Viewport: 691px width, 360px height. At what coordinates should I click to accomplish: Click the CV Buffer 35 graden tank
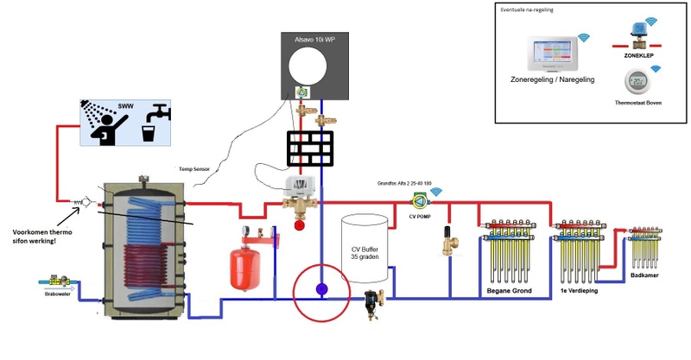(x=365, y=251)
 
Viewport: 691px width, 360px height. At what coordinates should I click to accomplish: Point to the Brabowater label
(x=54, y=293)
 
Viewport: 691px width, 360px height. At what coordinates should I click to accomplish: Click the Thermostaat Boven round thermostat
(x=638, y=83)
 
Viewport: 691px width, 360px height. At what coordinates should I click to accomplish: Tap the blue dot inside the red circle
(x=320, y=290)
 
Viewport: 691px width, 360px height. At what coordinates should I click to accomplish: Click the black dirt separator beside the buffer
(x=374, y=300)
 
